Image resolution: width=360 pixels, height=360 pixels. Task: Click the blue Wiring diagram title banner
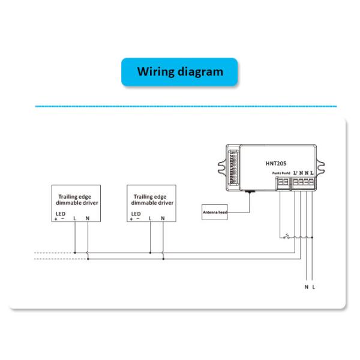pyautogui.click(x=179, y=72)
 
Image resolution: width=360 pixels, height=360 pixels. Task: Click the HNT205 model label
pyautogui.click(x=277, y=163)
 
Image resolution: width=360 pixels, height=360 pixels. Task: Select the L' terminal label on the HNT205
pyautogui.click(x=296, y=173)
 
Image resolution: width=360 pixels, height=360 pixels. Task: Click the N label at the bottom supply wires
pyautogui.click(x=307, y=287)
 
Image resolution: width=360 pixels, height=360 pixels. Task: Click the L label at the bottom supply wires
pyautogui.click(x=314, y=287)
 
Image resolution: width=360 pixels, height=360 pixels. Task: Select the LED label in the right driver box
pyautogui.click(x=136, y=214)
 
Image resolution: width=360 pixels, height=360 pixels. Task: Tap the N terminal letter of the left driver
pyautogui.click(x=88, y=219)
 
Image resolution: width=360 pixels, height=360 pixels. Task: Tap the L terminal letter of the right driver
pyautogui.click(x=150, y=219)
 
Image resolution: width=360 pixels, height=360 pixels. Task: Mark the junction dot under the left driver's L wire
pyautogui.click(x=74, y=253)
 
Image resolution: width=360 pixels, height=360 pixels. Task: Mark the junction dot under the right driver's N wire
pyautogui.click(x=163, y=259)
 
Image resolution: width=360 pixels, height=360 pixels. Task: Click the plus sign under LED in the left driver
pyautogui.click(x=55, y=219)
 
